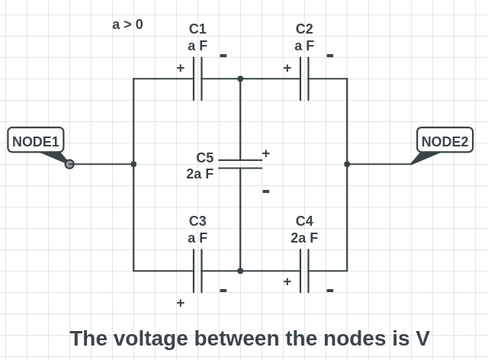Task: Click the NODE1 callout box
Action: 36,140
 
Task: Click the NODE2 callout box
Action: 445,140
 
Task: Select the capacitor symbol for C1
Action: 197,79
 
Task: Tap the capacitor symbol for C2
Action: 304,79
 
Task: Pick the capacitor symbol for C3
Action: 197,271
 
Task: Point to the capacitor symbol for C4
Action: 304,271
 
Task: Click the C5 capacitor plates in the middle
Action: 240,164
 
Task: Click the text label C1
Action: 197,29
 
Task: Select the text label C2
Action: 304,29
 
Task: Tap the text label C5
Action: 204,158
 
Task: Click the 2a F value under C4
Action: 304,238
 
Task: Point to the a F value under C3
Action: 197,238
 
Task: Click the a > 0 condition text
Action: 127,24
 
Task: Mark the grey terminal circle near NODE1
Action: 69,164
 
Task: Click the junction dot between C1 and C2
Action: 240,79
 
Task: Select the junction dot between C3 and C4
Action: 240,271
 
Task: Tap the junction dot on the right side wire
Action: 347,164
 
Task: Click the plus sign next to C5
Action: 265,153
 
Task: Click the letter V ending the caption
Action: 422,338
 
